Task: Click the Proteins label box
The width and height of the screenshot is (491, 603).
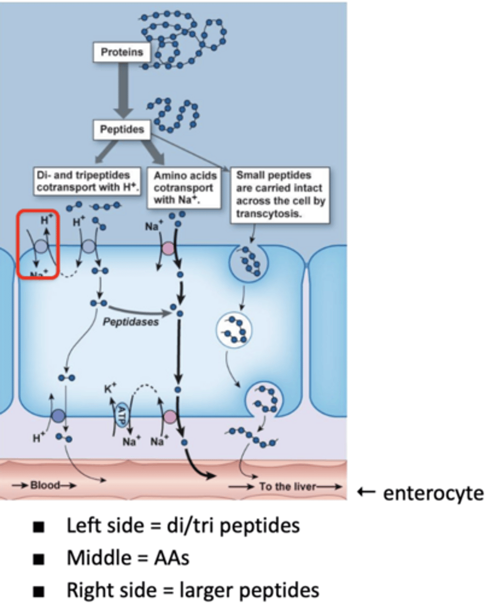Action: pyautogui.click(x=121, y=52)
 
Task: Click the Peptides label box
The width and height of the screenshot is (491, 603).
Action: pyautogui.click(x=121, y=130)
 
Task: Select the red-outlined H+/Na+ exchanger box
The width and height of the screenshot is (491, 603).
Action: pyautogui.click(x=38, y=244)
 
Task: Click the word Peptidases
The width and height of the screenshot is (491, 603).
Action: pyautogui.click(x=130, y=322)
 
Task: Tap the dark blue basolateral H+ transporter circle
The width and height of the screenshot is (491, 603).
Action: pyautogui.click(x=58, y=415)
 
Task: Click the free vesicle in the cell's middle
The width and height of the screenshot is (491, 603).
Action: pyautogui.click(x=233, y=330)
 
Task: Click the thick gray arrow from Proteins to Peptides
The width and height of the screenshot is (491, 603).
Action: pyautogui.click(x=122, y=91)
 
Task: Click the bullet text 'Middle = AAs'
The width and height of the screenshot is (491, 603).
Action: pyautogui.click(x=128, y=558)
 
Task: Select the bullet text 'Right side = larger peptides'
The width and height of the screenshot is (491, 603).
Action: pyautogui.click(x=192, y=589)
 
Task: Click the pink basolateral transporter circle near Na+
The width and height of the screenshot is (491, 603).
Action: pyautogui.click(x=170, y=416)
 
